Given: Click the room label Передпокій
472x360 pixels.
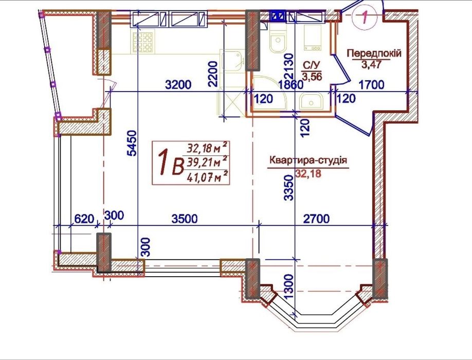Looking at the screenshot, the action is click(x=374, y=53).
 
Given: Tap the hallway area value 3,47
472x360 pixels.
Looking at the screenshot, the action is click(x=371, y=65).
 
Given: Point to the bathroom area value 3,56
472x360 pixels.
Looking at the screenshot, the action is click(x=312, y=77).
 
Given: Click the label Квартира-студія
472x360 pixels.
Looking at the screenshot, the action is click(x=308, y=160).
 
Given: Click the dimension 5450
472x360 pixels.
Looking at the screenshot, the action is click(x=132, y=143).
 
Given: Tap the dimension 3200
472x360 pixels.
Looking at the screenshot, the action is click(x=178, y=85).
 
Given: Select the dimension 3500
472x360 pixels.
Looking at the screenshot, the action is click(x=185, y=219).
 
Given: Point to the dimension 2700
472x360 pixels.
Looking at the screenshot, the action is click(x=316, y=219).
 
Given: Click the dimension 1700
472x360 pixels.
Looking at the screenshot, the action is click(x=372, y=85).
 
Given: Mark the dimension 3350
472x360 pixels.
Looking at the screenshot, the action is click(x=288, y=188).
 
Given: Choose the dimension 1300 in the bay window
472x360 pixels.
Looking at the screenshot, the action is click(x=288, y=286).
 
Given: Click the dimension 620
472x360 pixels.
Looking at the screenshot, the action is click(x=84, y=219).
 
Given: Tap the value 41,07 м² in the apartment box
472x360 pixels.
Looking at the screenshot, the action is click(x=207, y=177).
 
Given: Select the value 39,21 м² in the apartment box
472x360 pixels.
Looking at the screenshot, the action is click(x=207, y=163).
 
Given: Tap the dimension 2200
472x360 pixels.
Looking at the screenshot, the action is click(x=212, y=74).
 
